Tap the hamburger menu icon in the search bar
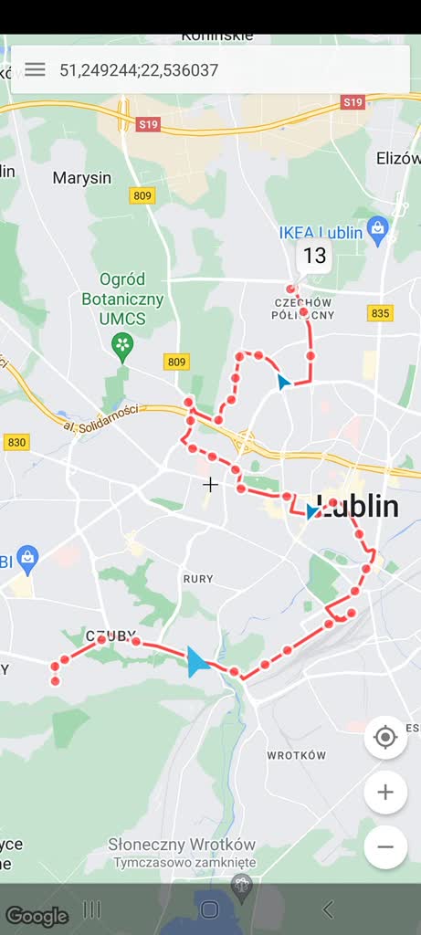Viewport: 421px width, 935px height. (35, 69)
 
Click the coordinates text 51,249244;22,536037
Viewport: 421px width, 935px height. (139, 70)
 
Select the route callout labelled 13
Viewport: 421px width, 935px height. (314, 257)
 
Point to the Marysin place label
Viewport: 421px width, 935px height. (81, 178)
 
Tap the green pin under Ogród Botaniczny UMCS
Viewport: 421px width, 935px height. (121, 346)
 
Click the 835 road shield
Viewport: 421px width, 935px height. (381, 313)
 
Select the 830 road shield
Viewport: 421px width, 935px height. (16, 442)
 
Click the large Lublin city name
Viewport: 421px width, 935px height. (359, 507)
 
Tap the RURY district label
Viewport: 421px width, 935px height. (197, 579)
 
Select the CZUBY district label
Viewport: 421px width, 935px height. (111, 635)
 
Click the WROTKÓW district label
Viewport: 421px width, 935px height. (296, 755)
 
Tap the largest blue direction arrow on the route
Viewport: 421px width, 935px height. (196, 661)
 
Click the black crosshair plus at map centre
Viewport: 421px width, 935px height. (210, 484)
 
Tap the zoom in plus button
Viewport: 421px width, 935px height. (385, 793)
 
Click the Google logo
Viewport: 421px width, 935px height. (37, 916)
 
